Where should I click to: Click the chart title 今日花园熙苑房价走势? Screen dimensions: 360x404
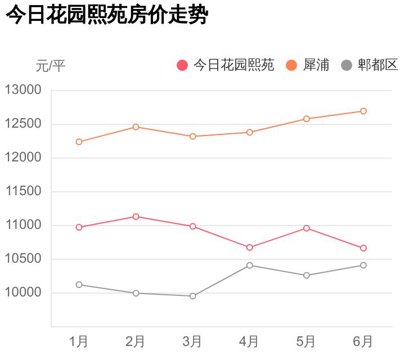(x=107, y=15)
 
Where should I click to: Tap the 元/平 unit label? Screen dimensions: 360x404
(x=51, y=66)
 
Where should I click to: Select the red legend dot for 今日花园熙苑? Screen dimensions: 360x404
(x=182, y=65)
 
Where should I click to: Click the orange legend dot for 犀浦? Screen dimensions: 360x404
(x=291, y=65)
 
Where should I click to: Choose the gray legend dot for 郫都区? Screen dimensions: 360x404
(x=347, y=65)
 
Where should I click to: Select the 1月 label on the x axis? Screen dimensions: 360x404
(x=79, y=341)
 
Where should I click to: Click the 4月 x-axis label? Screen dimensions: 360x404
(x=249, y=341)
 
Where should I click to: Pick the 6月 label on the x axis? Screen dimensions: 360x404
(x=363, y=341)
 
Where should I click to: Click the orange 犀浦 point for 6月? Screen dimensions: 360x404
(x=363, y=111)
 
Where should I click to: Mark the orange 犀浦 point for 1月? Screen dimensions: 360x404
(x=79, y=142)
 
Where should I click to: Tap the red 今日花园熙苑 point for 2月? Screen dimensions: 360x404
(x=136, y=217)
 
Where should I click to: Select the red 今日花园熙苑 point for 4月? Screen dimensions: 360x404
(x=249, y=247)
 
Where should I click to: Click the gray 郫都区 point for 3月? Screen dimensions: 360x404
(x=192, y=296)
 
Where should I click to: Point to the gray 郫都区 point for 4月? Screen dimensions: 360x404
(x=249, y=265)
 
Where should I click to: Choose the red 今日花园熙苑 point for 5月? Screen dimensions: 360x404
(x=307, y=228)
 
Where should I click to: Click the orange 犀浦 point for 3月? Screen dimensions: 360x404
(x=192, y=136)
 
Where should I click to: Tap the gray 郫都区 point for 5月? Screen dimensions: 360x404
(x=307, y=275)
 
